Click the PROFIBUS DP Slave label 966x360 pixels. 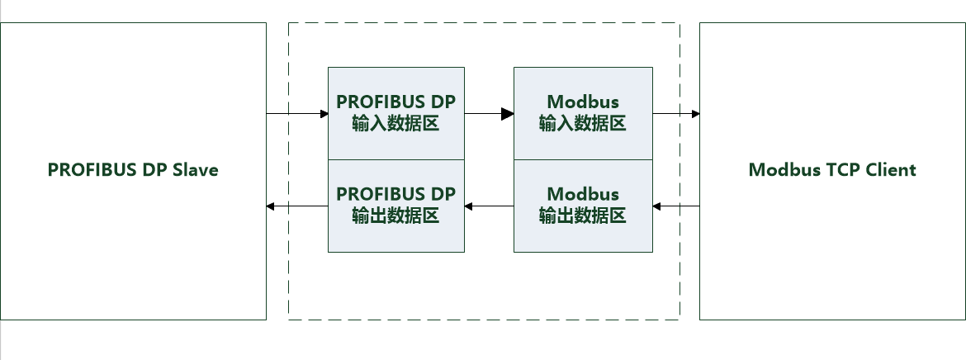[x=133, y=170]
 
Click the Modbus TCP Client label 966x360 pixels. [x=832, y=170]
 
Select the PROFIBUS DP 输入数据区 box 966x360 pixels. [x=396, y=113]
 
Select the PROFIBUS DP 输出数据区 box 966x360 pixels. [x=396, y=206]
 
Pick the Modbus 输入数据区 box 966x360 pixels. [x=582, y=113]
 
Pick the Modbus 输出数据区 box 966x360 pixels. [x=582, y=206]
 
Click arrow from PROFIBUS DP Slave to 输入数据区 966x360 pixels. [x=297, y=113]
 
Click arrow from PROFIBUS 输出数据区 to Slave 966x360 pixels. [x=297, y=206]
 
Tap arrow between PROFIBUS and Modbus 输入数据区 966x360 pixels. [x=489, y=113]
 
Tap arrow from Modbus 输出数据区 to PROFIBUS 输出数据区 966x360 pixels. [x=489, y=206]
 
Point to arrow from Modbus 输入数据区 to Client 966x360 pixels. [x=675, y=113]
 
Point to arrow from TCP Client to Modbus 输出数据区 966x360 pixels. [x=675, y=206]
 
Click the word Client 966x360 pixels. [x=890, y=170]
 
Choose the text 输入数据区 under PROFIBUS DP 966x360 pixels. [x=395, y=124]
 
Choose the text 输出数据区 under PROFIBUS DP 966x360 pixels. [x=395, y=216]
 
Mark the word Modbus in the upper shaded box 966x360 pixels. [x=582, y=102]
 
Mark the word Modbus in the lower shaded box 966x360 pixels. [x=582, y=195]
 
